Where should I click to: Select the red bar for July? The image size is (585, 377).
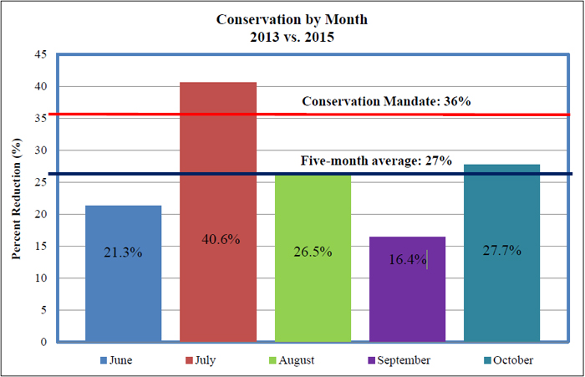point(218,284)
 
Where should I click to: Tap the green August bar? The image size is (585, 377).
point(313,293)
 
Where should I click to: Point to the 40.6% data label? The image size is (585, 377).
point(218,239)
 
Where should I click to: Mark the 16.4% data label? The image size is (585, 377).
point(407,260)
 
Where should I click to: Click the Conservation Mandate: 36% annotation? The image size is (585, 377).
point(387,101)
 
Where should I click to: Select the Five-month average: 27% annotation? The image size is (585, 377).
point(376,161)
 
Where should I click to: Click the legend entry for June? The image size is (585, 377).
point(116,360)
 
